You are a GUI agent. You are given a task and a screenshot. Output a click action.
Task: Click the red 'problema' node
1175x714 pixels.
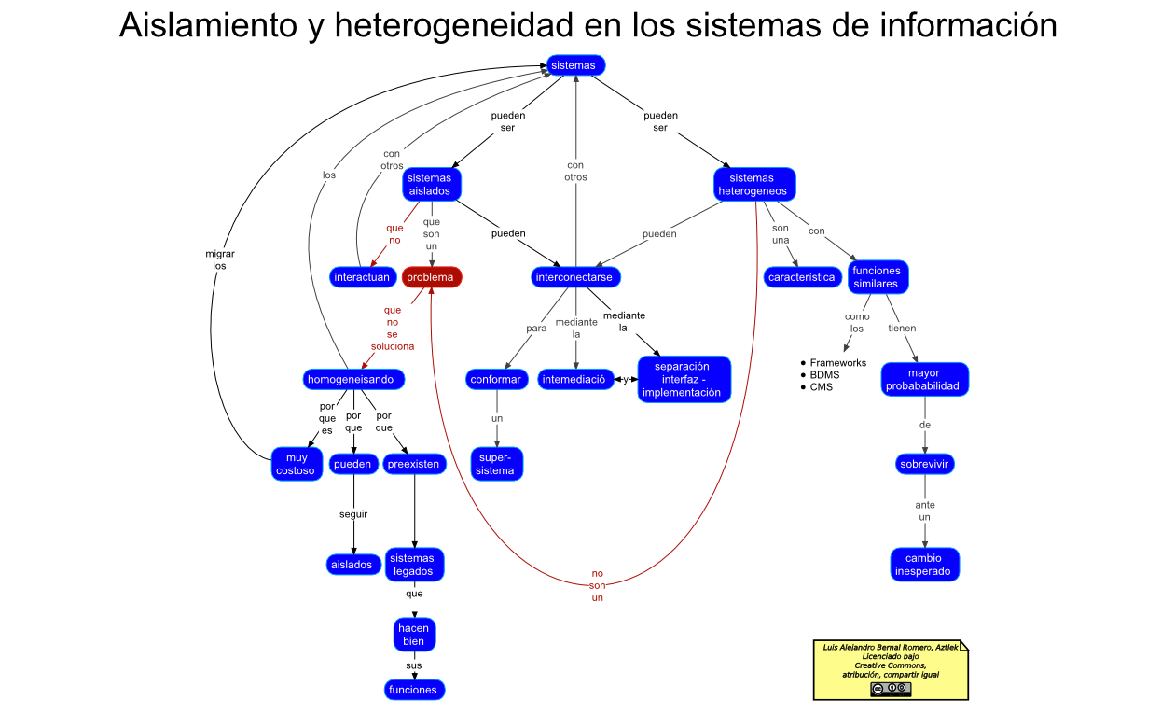tap(432, 277)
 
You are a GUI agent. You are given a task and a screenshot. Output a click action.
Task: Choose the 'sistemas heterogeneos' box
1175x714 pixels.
tap(754, 185)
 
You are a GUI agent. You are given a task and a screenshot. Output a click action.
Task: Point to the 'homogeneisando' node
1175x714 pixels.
tap(354, 379)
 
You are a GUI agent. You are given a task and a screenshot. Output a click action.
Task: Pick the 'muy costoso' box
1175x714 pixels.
tap(297, 464)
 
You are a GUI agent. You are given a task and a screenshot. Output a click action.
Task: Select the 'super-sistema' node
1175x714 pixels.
tap(495, 464)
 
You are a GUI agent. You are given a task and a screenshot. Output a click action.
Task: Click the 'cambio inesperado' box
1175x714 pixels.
tap(924, 565)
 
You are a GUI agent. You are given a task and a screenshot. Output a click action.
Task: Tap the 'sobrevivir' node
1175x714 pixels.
tap(925, 464)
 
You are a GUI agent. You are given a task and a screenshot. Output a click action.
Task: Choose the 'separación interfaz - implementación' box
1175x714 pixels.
tap(684, 379)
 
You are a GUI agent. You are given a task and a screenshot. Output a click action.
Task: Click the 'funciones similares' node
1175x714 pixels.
tap(878, 277)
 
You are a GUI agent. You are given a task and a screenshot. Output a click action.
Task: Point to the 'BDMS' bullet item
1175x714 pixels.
tap(824, 375)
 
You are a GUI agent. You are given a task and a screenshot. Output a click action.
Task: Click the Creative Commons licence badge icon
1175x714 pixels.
tap(891, 689)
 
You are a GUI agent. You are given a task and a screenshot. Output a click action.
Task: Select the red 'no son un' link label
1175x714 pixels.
tap(598, 585)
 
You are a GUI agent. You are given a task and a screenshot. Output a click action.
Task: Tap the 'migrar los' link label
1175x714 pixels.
tap(220, 259)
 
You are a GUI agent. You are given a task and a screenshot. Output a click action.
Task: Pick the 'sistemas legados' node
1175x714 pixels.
tap(414, 565)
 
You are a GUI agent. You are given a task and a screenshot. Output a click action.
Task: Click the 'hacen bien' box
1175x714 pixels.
tap(414, 635)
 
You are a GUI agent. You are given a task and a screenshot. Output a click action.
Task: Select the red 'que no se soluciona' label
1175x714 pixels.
tap(393, 328)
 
